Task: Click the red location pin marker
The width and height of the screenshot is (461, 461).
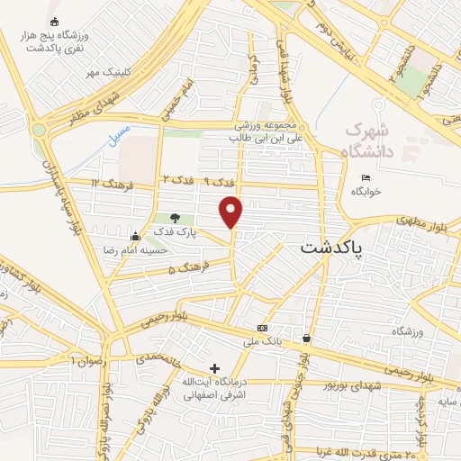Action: tap(232, 212)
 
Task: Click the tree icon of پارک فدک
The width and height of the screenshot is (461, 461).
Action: tap(175, 218)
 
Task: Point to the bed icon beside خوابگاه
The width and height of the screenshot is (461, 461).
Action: tap(365, 176)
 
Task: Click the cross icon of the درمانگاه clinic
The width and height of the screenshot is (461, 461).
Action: tap(214, 367)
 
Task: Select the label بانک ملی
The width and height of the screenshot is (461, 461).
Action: tap(268, 342)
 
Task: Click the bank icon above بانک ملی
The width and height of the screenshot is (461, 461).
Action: tap(262, 328)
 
